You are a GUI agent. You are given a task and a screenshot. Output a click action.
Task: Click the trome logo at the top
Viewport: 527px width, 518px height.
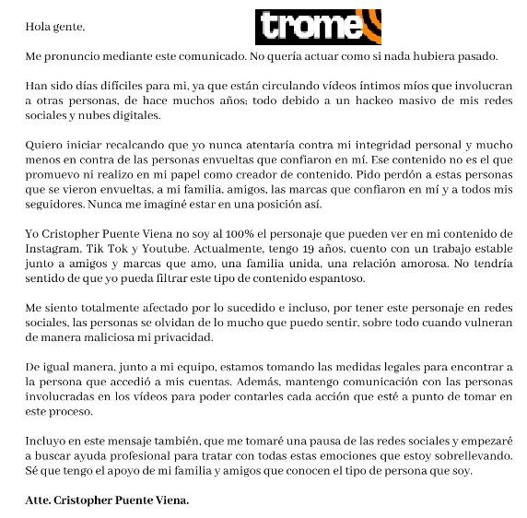[x=318, y=27]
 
